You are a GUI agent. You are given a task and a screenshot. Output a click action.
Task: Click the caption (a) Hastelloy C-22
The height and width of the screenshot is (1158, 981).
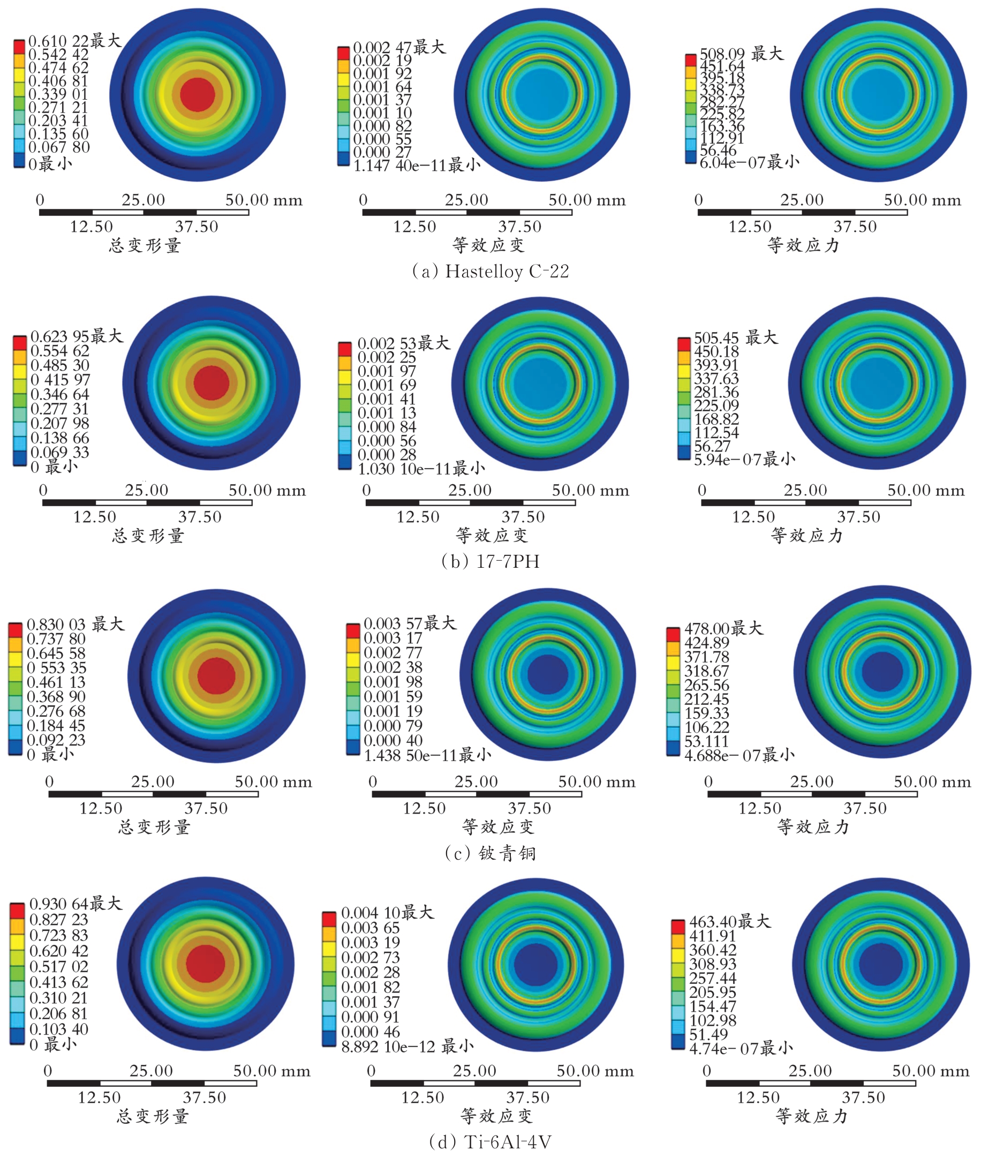tap(490, 272)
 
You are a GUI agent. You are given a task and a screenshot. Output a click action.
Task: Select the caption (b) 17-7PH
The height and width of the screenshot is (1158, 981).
tap(490, 561)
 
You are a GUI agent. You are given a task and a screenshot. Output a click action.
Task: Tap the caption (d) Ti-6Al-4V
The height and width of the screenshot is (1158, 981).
tap(490, 1141)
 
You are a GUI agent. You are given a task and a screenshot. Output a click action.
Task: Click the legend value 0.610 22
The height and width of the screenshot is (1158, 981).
tap(58, 41)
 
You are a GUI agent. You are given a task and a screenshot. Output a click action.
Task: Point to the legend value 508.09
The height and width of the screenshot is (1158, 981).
tap(722, 54)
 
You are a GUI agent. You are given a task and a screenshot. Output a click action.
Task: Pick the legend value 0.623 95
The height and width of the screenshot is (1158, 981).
tap(60, 336)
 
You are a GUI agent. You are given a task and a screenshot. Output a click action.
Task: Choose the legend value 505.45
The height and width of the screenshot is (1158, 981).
tap(716, 338)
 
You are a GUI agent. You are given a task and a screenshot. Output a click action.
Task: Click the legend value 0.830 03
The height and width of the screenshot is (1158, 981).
tap(56, 625)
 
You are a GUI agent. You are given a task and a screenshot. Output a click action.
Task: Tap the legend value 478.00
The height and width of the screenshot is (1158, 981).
tap(707, 628)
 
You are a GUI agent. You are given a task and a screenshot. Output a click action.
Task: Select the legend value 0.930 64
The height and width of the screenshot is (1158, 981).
tap(58, 904)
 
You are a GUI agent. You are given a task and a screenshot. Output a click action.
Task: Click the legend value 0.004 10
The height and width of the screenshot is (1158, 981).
tap(371, 913)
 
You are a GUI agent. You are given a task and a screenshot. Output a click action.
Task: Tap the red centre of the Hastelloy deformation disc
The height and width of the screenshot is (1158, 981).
tap(198, 94)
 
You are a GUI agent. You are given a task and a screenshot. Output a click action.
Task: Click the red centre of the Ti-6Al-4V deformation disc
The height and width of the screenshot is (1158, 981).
tap(205, 965)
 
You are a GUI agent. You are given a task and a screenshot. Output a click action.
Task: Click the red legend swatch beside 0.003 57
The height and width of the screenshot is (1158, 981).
tap(352, 631)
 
